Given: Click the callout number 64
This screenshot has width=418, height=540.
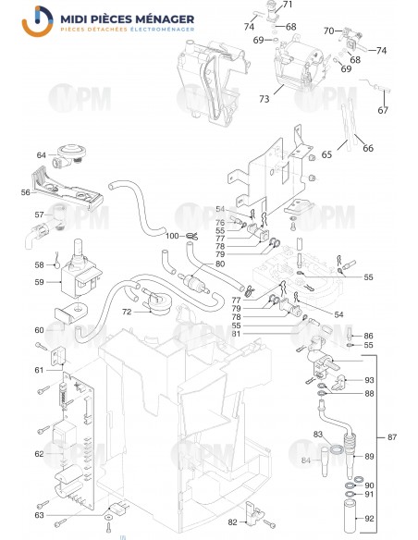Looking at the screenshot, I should pyautogui.click(x=42, y=154).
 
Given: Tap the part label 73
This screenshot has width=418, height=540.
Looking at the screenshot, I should pyautogui.click(x=264, y=98).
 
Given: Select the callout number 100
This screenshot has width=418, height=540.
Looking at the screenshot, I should pyautogui.click(x=172, y=237).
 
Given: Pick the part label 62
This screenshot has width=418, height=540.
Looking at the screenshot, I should pyautogui.click(x=39, y=454).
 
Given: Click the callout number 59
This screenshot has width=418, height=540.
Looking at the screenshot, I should pyautogui.click(x=39, y=281).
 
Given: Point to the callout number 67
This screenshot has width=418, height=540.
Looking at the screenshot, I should pyautogui.click(x=383, y=110).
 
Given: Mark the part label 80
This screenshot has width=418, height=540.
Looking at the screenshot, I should pyautogui.click(x=220, y=264).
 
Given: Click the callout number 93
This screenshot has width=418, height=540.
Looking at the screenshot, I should pyautogui.click(x=369, y=380).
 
